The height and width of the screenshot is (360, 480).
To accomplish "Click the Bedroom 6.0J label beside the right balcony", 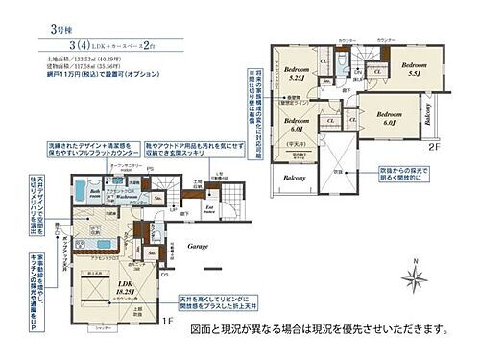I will [390, 118].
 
